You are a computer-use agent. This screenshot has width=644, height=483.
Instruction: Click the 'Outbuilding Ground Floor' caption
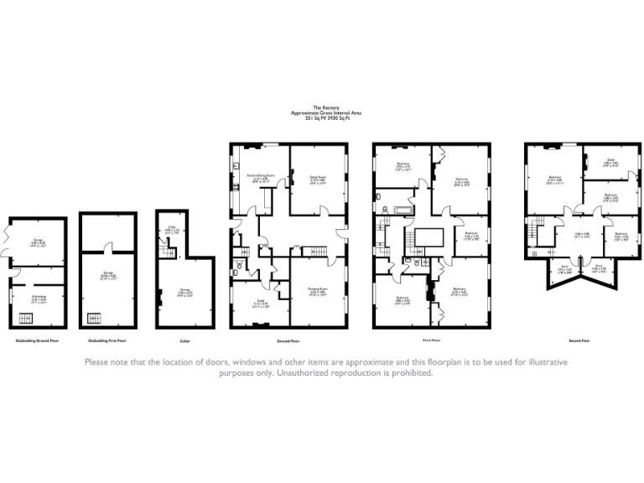coord(37,341)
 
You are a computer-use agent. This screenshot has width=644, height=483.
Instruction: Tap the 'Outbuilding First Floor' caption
coord(107,341)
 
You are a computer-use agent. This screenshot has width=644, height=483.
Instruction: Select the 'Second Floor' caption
coord(579,341)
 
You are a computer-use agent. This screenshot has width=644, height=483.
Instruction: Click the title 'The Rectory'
coord(325,107)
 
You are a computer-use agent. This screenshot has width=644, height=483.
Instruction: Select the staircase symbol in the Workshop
coord(29,318)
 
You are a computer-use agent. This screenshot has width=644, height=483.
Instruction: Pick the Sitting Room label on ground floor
coord(317,179)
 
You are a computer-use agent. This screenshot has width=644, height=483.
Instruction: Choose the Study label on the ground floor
coord(261,303)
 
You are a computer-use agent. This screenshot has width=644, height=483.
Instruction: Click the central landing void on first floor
coord(427,237)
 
